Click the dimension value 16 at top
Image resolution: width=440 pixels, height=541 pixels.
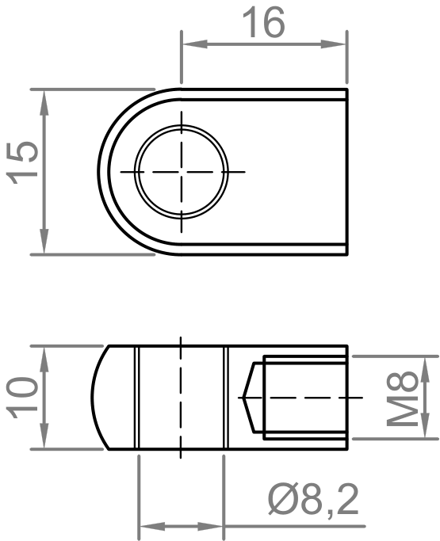[x=263, y=24]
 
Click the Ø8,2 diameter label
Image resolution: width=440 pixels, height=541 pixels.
[x=312, y=500]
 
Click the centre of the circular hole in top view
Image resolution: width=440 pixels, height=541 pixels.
[x=182, y=172]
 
